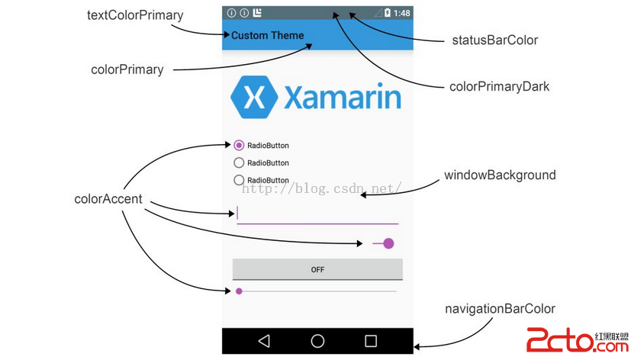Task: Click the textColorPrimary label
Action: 136,15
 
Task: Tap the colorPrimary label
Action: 127,69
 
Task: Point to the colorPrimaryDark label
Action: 500,86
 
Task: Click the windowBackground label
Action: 500,175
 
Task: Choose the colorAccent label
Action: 108,199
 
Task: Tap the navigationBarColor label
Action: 500,309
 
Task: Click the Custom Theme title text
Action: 267,35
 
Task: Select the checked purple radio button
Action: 239,145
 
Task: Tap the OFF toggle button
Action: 317,269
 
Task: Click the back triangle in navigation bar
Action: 264,341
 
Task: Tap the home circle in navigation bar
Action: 317,341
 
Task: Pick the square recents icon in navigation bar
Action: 371,341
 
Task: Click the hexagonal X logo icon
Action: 254,97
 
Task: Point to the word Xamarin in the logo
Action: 342,98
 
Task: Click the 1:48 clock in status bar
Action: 402,13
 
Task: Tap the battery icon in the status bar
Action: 388,13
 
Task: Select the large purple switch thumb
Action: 388,243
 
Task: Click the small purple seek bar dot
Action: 239,291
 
